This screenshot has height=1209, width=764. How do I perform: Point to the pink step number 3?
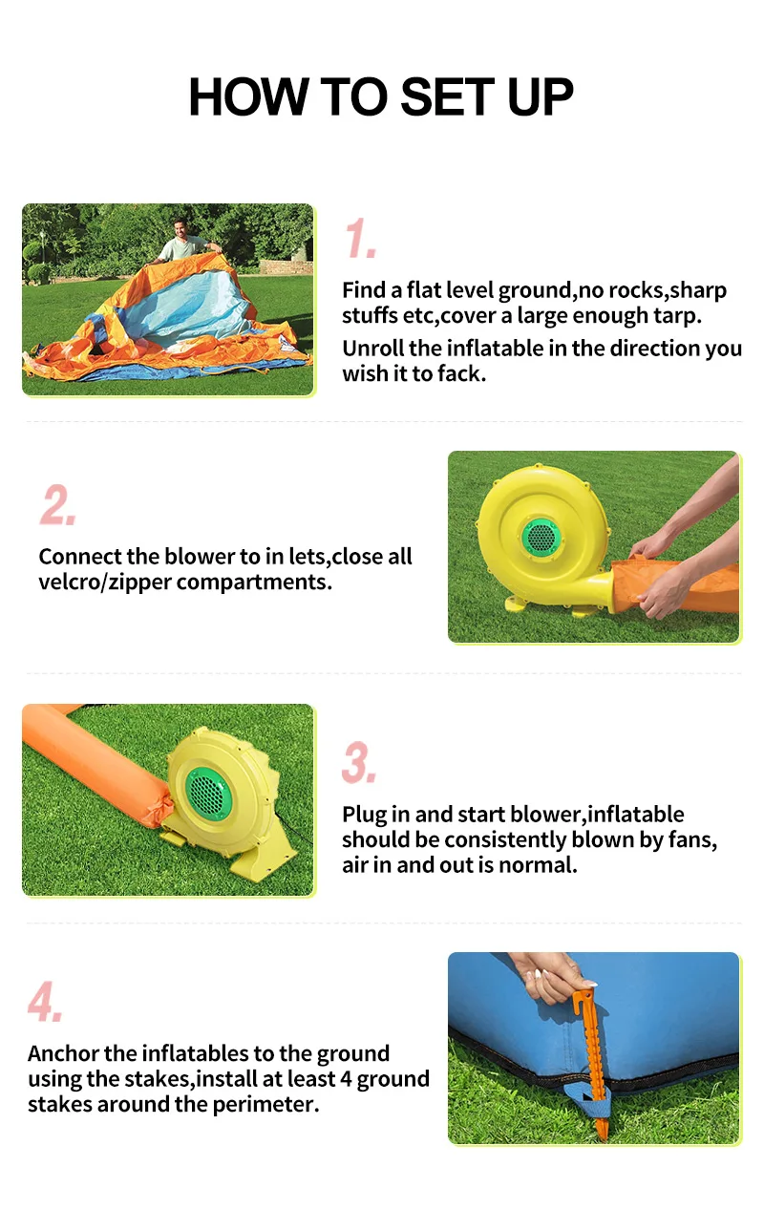tap(359, 763)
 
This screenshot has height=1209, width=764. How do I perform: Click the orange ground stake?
tap(596, 1060)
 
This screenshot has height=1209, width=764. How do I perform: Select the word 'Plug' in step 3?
tap(364, 815)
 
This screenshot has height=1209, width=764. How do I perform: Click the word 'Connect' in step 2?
tap(79, 556)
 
